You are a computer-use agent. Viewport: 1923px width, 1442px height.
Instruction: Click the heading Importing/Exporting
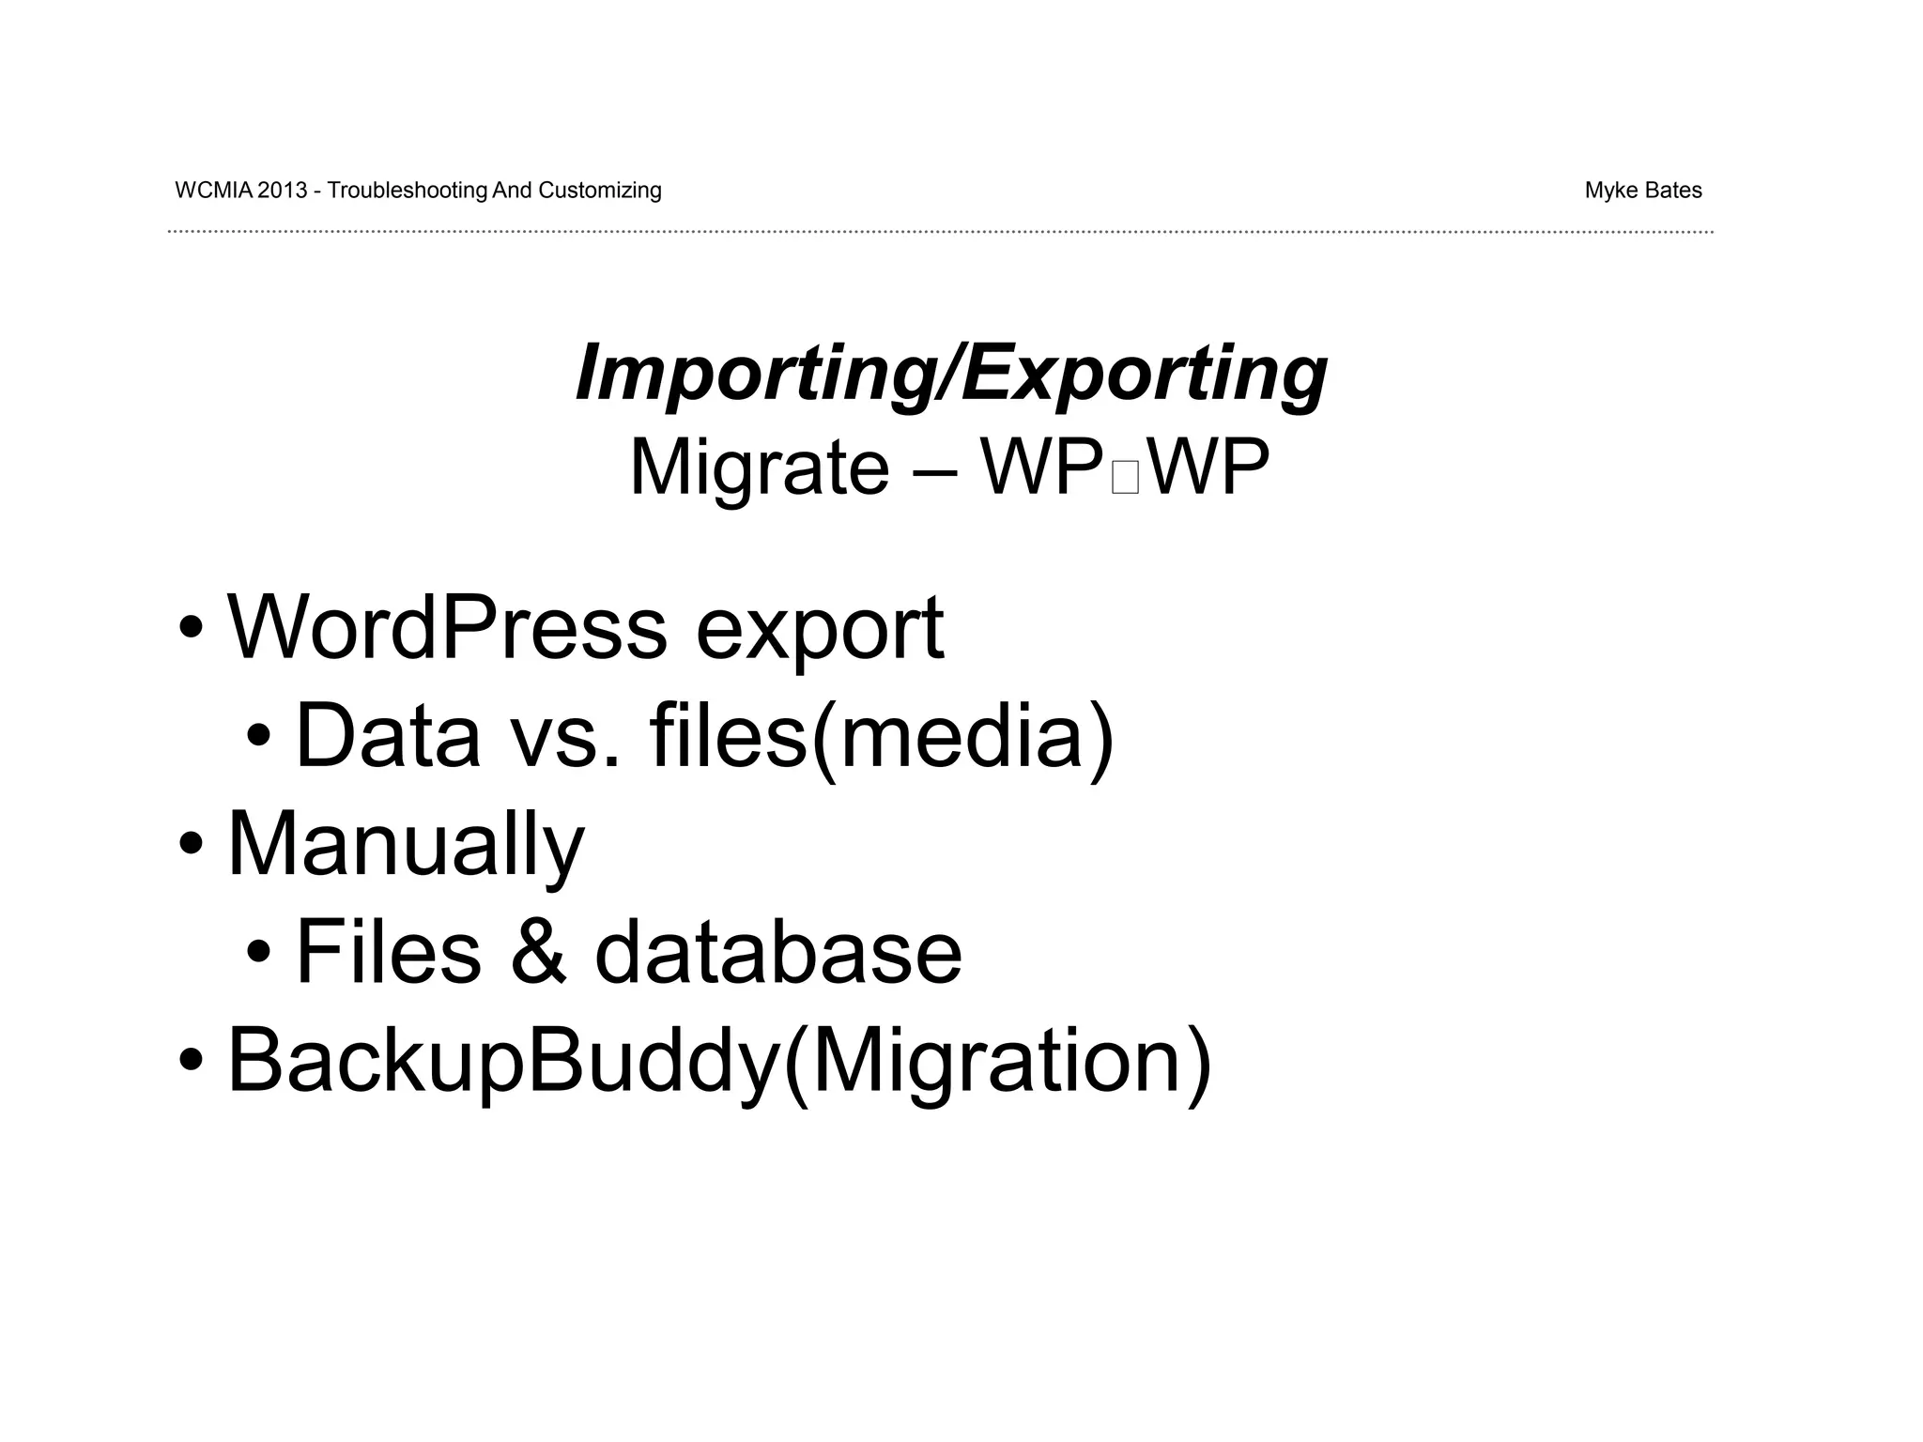coord(950,374)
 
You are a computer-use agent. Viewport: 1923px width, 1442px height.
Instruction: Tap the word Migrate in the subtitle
coord(759,468)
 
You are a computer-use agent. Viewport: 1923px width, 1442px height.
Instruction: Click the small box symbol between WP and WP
coord(1124,478)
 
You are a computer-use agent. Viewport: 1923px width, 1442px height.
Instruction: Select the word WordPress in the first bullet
coord(447,628)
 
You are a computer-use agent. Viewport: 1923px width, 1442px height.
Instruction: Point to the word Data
coord(388,737)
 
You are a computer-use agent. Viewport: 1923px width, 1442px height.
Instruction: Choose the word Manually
coord(406,845)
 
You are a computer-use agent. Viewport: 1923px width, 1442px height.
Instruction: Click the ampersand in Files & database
coord(538,954)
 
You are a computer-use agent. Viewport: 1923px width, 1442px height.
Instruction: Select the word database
coord(778,952)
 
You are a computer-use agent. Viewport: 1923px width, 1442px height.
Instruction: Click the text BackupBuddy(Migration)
coord(719,1062)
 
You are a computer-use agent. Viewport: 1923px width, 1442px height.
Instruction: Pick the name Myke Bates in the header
coord(1642,191)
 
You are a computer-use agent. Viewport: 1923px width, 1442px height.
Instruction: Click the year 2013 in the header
coord(282,191)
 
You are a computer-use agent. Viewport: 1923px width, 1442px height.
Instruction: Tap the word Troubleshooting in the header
coord(408,191)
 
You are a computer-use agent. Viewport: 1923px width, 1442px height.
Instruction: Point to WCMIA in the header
coord(214,191)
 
